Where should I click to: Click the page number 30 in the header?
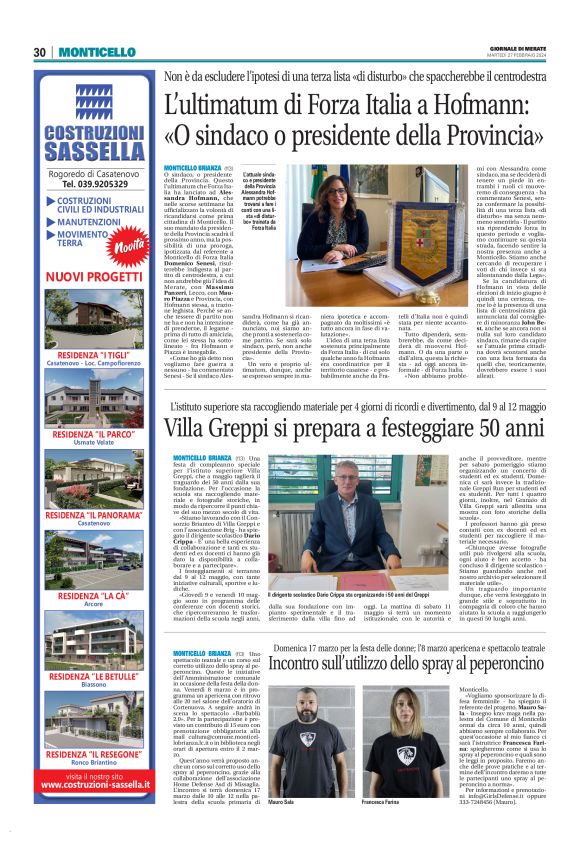pos(39,53)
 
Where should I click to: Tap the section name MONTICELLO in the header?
pos(96,53)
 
